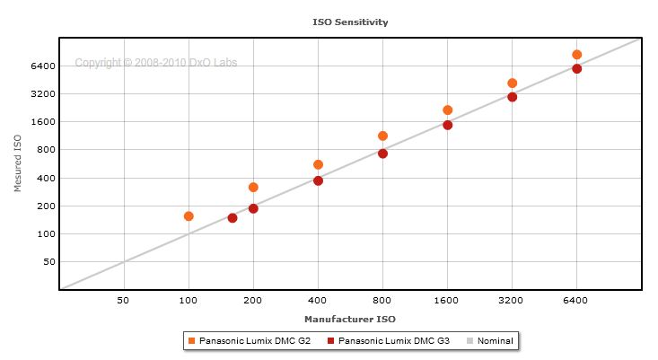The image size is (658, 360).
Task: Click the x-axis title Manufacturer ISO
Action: coord(350,319)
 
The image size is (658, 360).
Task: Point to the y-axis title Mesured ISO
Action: coord(17,162)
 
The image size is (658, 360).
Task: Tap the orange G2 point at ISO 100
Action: coord(189,216)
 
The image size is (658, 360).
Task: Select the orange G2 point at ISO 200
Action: coord(253,188)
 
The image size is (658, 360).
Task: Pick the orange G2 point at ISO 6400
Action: coord(577,55)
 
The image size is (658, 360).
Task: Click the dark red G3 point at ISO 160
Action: coord(232,218)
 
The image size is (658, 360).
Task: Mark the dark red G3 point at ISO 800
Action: coord(382,154)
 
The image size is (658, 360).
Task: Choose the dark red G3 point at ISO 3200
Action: coord(512,97)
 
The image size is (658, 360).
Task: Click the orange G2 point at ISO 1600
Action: coord(447,110)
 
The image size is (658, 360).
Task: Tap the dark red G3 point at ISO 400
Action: coord(318,181)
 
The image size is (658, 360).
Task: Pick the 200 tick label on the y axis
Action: coord(47,206)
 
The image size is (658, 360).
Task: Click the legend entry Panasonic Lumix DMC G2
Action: coord(255,341)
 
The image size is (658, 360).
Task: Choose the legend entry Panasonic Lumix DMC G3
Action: coord(394,341)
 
